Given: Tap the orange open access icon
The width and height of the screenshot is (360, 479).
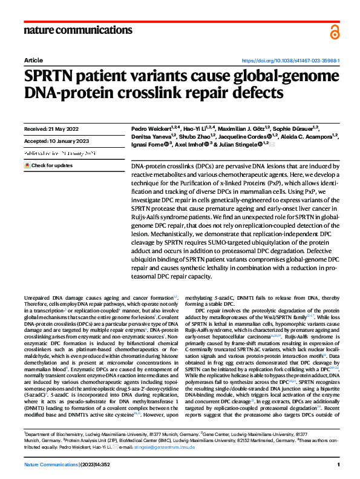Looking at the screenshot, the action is [335, 32].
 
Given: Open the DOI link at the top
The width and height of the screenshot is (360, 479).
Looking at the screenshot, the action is [290, 61].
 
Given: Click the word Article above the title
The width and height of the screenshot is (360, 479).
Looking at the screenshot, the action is [33, 61].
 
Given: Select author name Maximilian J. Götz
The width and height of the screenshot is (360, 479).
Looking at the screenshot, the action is [240, 129].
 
